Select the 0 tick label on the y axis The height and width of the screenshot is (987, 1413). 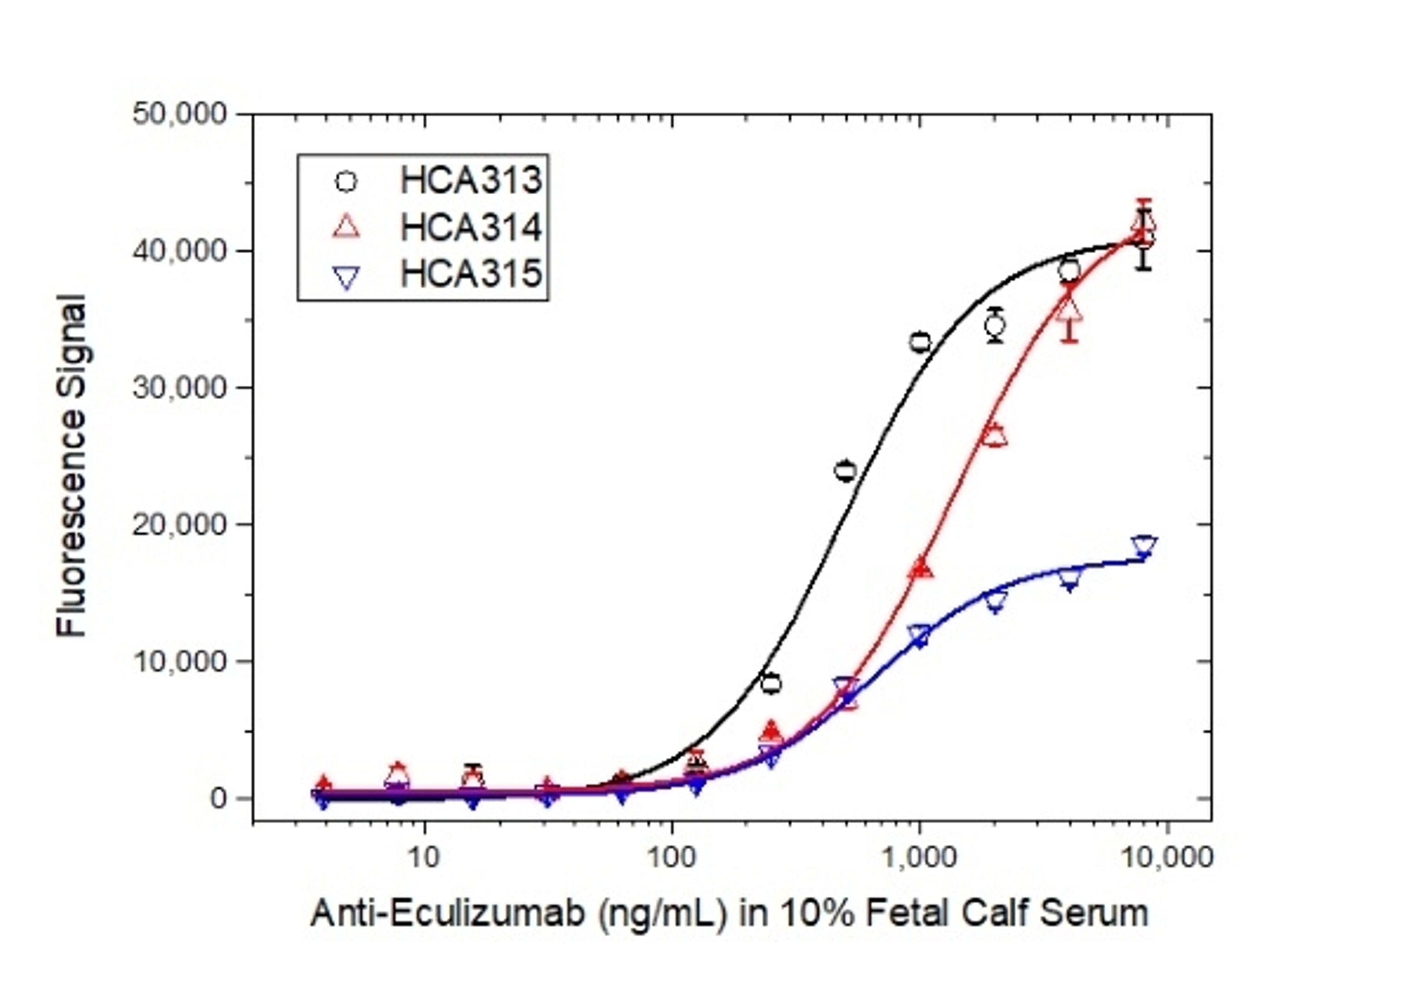click(219, 798)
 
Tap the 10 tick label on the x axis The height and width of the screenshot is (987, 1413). click(425, 857)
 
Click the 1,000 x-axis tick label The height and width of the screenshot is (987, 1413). click(920, 857)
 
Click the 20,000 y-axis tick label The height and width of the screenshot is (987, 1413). click(179, 524)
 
